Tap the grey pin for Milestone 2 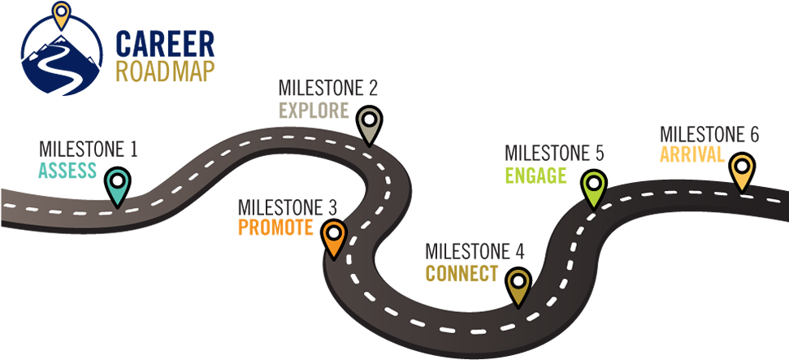[370, 124]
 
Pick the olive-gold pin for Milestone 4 [518, 286]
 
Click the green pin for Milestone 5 [595, 188]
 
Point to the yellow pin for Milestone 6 [741, 171]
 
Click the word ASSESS [67, 171]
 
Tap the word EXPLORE [314, 110]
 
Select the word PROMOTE [275, 228]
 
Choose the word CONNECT [461, 273]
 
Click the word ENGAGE [535, 176]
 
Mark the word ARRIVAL [691, 154]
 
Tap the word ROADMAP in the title [165, 72]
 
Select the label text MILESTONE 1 [88, 150]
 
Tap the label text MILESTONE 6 [709, 134]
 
